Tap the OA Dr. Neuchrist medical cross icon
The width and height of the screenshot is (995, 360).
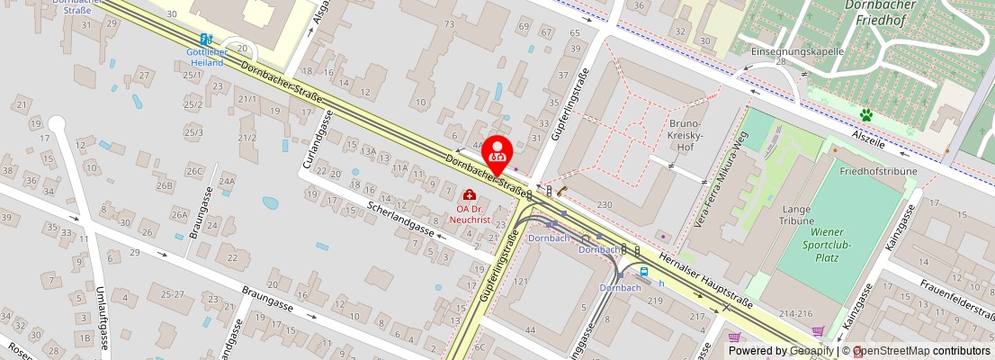[469, 195]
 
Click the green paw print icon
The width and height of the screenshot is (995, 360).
[866, 115]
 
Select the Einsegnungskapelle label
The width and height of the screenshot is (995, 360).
[797, 51]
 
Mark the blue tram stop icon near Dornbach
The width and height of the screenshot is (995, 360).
[644, 271]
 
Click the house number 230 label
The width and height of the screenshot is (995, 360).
[605, 205]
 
